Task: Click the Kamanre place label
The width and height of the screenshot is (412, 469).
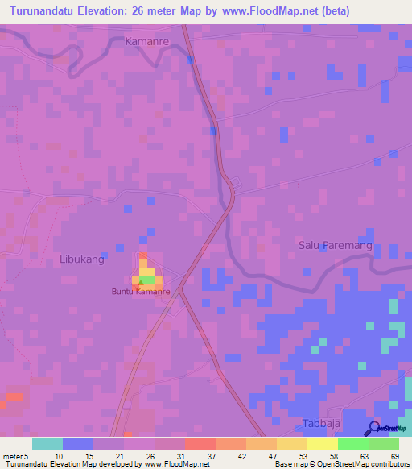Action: coord(147,40)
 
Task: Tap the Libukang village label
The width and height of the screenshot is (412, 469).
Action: coord(82,259)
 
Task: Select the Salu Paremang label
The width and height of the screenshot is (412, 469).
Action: coord(329,246)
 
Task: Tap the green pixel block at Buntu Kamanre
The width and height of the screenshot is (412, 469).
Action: coord(147,279)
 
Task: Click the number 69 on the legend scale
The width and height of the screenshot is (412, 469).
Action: coord(394,455)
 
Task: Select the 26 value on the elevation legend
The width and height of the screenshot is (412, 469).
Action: coord(150,455)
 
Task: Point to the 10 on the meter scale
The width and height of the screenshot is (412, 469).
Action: coord(59,455)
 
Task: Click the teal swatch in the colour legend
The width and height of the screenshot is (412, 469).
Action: coord(47,444)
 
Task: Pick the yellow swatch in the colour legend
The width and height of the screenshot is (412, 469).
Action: coord(322,444)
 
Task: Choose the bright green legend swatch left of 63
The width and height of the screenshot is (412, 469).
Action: coord(352,444)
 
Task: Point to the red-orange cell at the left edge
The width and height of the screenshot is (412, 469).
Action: coord(14,396)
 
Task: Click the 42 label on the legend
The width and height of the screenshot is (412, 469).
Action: coord(241,455)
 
